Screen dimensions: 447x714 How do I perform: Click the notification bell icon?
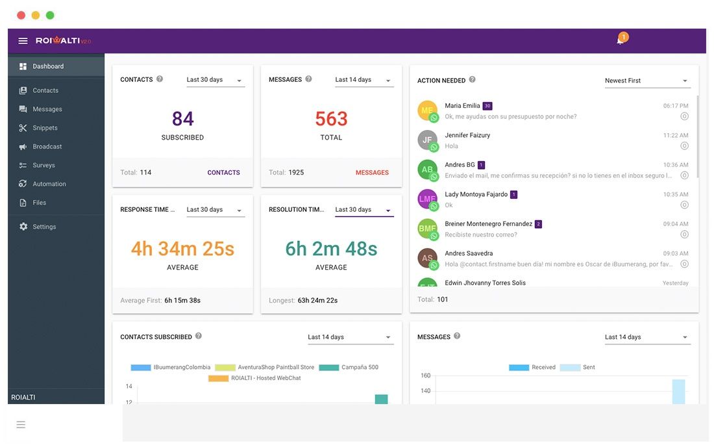[620, 40]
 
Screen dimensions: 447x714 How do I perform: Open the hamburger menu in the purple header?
[23, 41]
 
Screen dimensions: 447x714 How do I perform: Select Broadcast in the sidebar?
[47, 147]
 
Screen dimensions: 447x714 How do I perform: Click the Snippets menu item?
[45, 128]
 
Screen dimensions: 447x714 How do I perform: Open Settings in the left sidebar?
[44, 227]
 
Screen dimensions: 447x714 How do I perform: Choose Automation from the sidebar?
[49, 184]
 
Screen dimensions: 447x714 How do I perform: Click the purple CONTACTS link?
[223, 173]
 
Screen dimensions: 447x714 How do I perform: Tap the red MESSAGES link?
[372, 173]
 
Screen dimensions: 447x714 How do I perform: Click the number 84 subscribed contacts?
[182, 119]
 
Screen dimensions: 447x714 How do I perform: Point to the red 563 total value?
[331, 119]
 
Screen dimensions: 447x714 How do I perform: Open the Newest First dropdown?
[646, 81]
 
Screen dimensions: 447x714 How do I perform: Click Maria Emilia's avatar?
[427, 110]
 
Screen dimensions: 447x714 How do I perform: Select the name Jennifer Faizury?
[467, 135]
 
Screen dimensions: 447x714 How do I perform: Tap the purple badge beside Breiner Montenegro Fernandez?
[538, 224]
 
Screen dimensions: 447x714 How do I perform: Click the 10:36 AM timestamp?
[676, 165]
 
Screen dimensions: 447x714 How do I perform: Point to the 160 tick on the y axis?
[425, 376]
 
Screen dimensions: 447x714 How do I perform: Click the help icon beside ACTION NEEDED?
[472, 80]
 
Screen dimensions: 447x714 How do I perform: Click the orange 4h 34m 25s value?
[182, 249]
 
